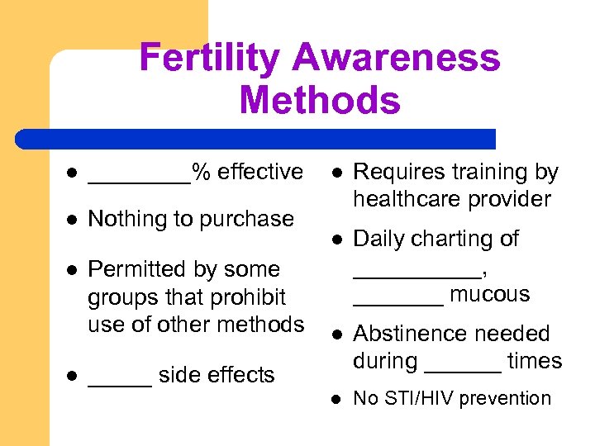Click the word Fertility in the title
(x=210, y=58)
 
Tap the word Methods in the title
(x=319, y=101)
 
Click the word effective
(x=260, y=172)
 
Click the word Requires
(x=397, y=173)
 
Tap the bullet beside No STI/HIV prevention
(x=337, y=398)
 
